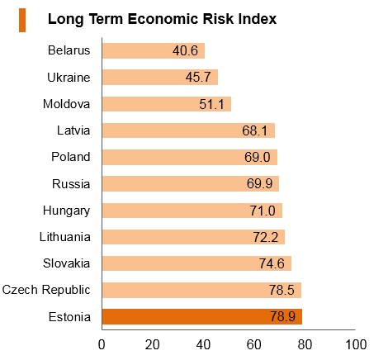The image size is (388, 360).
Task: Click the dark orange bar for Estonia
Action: tap(202, 316)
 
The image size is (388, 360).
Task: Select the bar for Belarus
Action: tap(154, 50)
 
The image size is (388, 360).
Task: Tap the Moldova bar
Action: tap(167, 104)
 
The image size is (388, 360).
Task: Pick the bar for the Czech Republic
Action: tap(201, 290)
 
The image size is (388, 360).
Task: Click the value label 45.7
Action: tap(198, 77)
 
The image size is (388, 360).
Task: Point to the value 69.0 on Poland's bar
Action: tap(258, 157)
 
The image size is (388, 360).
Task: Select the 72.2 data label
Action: tap(266, 237)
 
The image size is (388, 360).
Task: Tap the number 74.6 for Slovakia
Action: tap(272, 263)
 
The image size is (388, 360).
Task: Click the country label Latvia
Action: tap(73, 130)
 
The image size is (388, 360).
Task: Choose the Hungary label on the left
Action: tap(66, 211)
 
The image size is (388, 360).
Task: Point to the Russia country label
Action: tap(71, 184)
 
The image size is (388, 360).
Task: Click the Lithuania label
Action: tap(65, 237)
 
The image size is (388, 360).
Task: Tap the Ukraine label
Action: tap(69, 78)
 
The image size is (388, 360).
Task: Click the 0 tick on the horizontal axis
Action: tap(102, 344)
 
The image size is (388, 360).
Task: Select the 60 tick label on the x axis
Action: tap(253, 344)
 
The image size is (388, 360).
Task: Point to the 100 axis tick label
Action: tap(356, 344)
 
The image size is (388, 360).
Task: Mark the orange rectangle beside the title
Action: tap(22, 20)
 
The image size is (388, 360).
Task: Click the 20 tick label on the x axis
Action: tap(152, 344)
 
